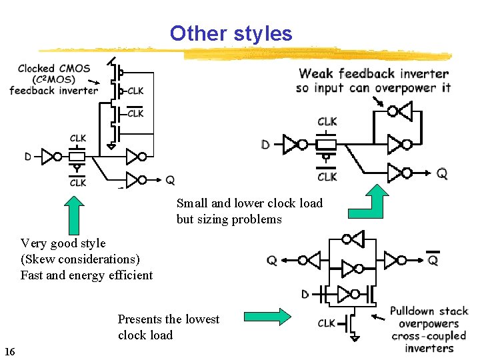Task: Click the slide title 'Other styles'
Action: pyautogui.click(x=231, y=33)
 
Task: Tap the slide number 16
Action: pyautogui.click(x=9, y=351)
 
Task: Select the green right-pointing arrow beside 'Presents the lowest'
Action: pyautogui.click(x=267, y=317)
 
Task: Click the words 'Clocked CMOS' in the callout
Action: pyautogui.click(x=54, y=68)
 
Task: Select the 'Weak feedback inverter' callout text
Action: pyautogui.click(x=373, y=74)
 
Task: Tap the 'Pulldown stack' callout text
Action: pyautogui.click(x=429, y=311)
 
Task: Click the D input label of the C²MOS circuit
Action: pyautogui.click(x=28, y=157)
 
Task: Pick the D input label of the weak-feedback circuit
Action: pyautogui.click(x=266, y=145)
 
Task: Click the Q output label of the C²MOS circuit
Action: pyautogui.click(x=170, y=179)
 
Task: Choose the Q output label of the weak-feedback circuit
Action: pyautogui.click(x=442, y=173)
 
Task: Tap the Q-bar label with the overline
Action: pyautogui.click(x=433, y=260)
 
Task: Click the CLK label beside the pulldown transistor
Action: pyautogui.click(x=327, y=323)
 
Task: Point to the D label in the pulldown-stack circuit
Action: pyautogui.click(x=305, y=294)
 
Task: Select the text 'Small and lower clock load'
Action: pyautogui.click(x=249, y=203)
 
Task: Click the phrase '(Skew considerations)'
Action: pyautogui.click(x=80, y=259)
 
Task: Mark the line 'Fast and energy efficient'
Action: pyautogui.click(x=87, y=275)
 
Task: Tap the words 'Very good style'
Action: pyautogui.click(x=63, y=243)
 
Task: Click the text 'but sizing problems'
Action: pyautogui.click(x=229, y=219)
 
